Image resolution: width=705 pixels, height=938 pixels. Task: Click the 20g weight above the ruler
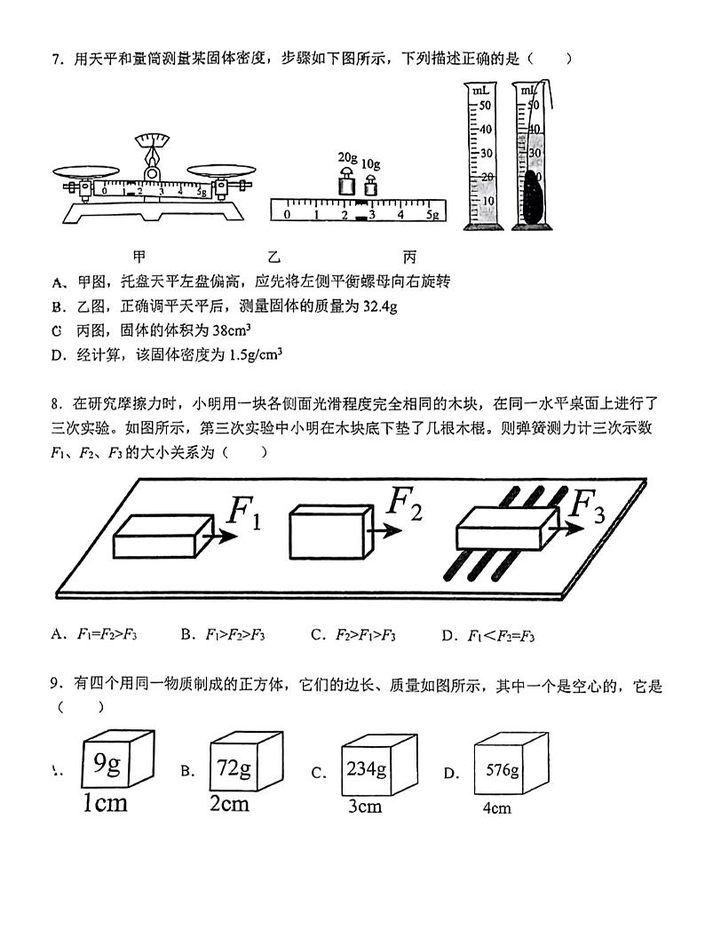pos(345,185)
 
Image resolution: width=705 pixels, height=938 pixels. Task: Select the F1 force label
pos(244,513)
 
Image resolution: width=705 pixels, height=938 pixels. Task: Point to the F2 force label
pos(403,505)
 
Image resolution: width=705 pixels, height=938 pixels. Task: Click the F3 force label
pos(585,505)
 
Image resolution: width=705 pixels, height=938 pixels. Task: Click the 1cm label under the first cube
pos(105,804)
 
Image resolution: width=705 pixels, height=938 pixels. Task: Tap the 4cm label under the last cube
pos(496,809)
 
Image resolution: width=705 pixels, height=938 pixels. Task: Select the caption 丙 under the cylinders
pos(409,258)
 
